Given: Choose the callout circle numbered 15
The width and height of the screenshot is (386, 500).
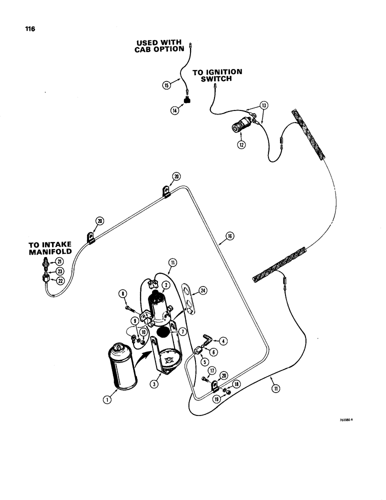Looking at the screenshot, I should pyautogui.click(x=166, y=85).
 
